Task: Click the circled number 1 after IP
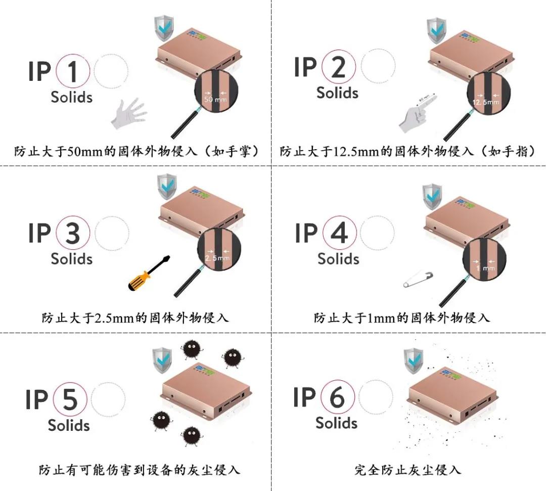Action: [x=73, y=72]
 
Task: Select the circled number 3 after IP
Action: [x=73, y=233]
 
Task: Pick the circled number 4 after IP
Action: [x=339, y=233]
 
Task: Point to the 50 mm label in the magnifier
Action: [x=215, y=100]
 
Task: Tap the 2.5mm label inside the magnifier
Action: [x=217, y=258]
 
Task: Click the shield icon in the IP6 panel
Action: [x=413, y=361]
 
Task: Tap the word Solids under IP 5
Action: [x=69, y=425]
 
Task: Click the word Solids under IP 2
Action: [x=337, y=93]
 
